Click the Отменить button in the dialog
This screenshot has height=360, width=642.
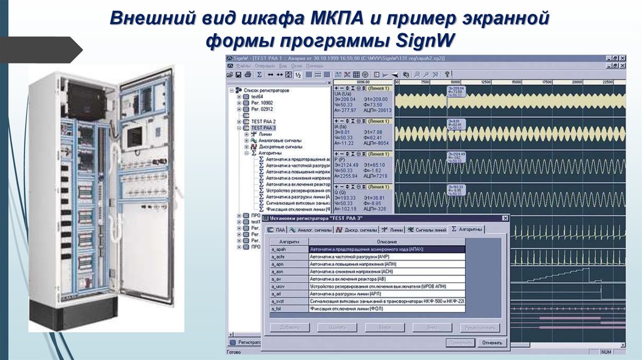point(492,342)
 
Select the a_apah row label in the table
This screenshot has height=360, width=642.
point(278,250)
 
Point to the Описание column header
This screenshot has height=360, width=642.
point(386,241)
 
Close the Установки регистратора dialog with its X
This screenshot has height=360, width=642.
point(504,218)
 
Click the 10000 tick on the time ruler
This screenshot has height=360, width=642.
point(455,82)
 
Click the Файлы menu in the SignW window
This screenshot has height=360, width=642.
point(244,65)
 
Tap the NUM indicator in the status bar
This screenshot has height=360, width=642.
point(606,352)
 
